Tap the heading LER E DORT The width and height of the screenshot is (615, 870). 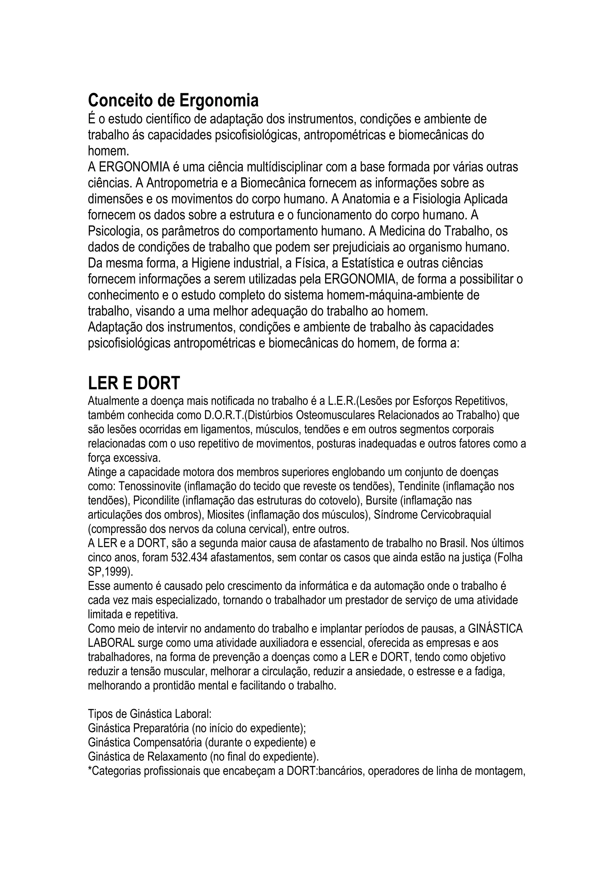click(x=134, y=383)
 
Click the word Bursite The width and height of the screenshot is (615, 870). click(x=381, y=500)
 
